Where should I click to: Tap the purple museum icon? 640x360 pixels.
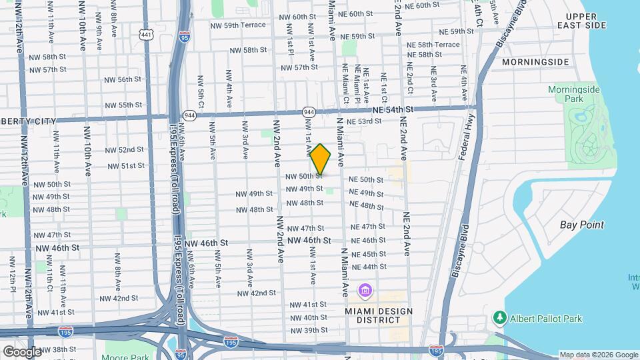click(365, 291)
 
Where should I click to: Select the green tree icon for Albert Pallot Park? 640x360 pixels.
click(499, 317)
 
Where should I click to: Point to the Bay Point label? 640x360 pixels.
click(581, 225)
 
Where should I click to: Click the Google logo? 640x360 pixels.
click(22, 351)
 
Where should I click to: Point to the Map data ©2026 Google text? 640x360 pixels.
click(599, 355)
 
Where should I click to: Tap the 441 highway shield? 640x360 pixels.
click(146, 33)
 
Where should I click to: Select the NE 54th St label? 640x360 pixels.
click(393, 109)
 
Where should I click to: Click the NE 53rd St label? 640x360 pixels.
click(363, 121)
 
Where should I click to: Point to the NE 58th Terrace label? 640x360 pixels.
click(433, 45)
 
